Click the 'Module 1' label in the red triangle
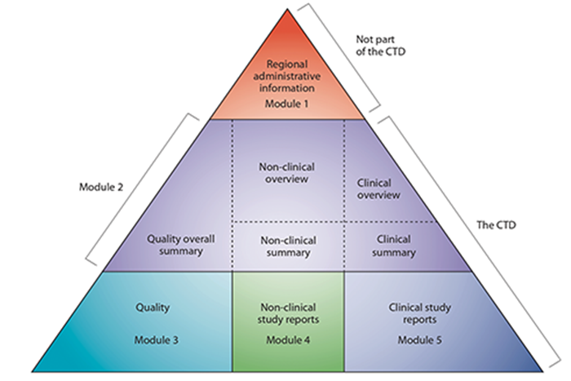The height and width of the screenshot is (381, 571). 289,104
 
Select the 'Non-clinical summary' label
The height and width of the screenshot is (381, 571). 288,246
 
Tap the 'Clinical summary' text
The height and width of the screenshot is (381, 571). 379,246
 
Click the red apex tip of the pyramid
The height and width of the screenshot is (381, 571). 288,13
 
